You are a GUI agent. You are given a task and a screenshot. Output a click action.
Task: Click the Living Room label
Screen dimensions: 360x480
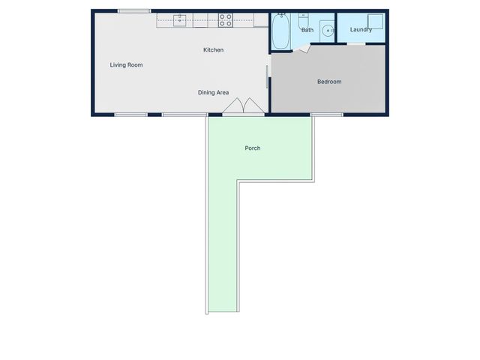(126, 65)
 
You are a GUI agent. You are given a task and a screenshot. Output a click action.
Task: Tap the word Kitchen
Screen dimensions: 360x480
(214, 50)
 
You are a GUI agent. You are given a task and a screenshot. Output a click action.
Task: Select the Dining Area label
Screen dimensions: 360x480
(213, 92)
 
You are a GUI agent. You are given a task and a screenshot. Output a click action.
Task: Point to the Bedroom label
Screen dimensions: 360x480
(329, 82)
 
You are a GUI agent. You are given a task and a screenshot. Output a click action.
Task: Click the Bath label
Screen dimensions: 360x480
(307, 31)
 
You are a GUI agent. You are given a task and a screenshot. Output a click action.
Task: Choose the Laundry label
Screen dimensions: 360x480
(361, 30)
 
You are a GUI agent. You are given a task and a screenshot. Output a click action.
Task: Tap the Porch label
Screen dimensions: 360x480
(253, 148)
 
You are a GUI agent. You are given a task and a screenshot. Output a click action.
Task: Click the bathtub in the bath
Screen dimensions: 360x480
(281, 31)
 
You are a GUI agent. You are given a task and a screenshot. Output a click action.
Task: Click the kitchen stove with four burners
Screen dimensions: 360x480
(225, 21)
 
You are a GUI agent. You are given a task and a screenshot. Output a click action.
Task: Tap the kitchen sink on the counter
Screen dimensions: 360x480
(180, 20)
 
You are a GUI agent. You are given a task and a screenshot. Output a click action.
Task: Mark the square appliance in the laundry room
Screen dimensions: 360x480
(373, 21)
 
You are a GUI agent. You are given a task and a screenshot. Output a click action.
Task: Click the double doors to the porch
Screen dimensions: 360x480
(244, 106)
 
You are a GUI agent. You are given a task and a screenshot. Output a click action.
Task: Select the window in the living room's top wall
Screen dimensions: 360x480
(134, 10)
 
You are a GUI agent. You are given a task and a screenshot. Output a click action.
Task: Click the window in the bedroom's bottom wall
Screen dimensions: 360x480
(326, 115)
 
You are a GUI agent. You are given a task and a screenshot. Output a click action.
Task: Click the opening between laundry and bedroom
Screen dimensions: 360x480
(355, 43)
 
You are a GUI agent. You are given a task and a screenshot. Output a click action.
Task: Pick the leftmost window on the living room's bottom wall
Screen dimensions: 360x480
(130, 115)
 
